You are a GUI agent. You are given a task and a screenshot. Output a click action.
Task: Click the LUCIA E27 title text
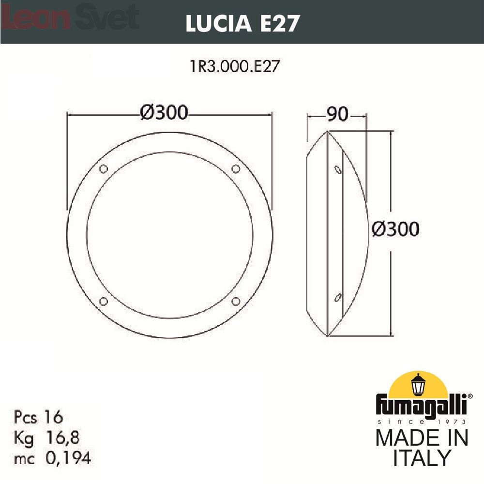click(242, 23)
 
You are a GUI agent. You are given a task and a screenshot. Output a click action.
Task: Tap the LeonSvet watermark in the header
click(70, 17)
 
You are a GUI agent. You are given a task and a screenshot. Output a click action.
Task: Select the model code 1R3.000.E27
click(235, 66)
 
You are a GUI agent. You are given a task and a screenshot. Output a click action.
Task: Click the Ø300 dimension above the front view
click(164, 112)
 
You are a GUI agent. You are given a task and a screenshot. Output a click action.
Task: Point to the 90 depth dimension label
click(337, 114)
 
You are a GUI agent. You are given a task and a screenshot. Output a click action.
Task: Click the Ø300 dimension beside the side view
click(396, 229)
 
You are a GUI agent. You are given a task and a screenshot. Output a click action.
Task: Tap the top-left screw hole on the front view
click(104, 169)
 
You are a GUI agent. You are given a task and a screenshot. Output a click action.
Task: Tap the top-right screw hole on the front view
click(236, 169)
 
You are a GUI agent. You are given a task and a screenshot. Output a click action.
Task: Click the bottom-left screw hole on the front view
click(104, 301)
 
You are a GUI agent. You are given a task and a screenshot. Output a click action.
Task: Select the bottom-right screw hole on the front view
click(236, 301)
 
